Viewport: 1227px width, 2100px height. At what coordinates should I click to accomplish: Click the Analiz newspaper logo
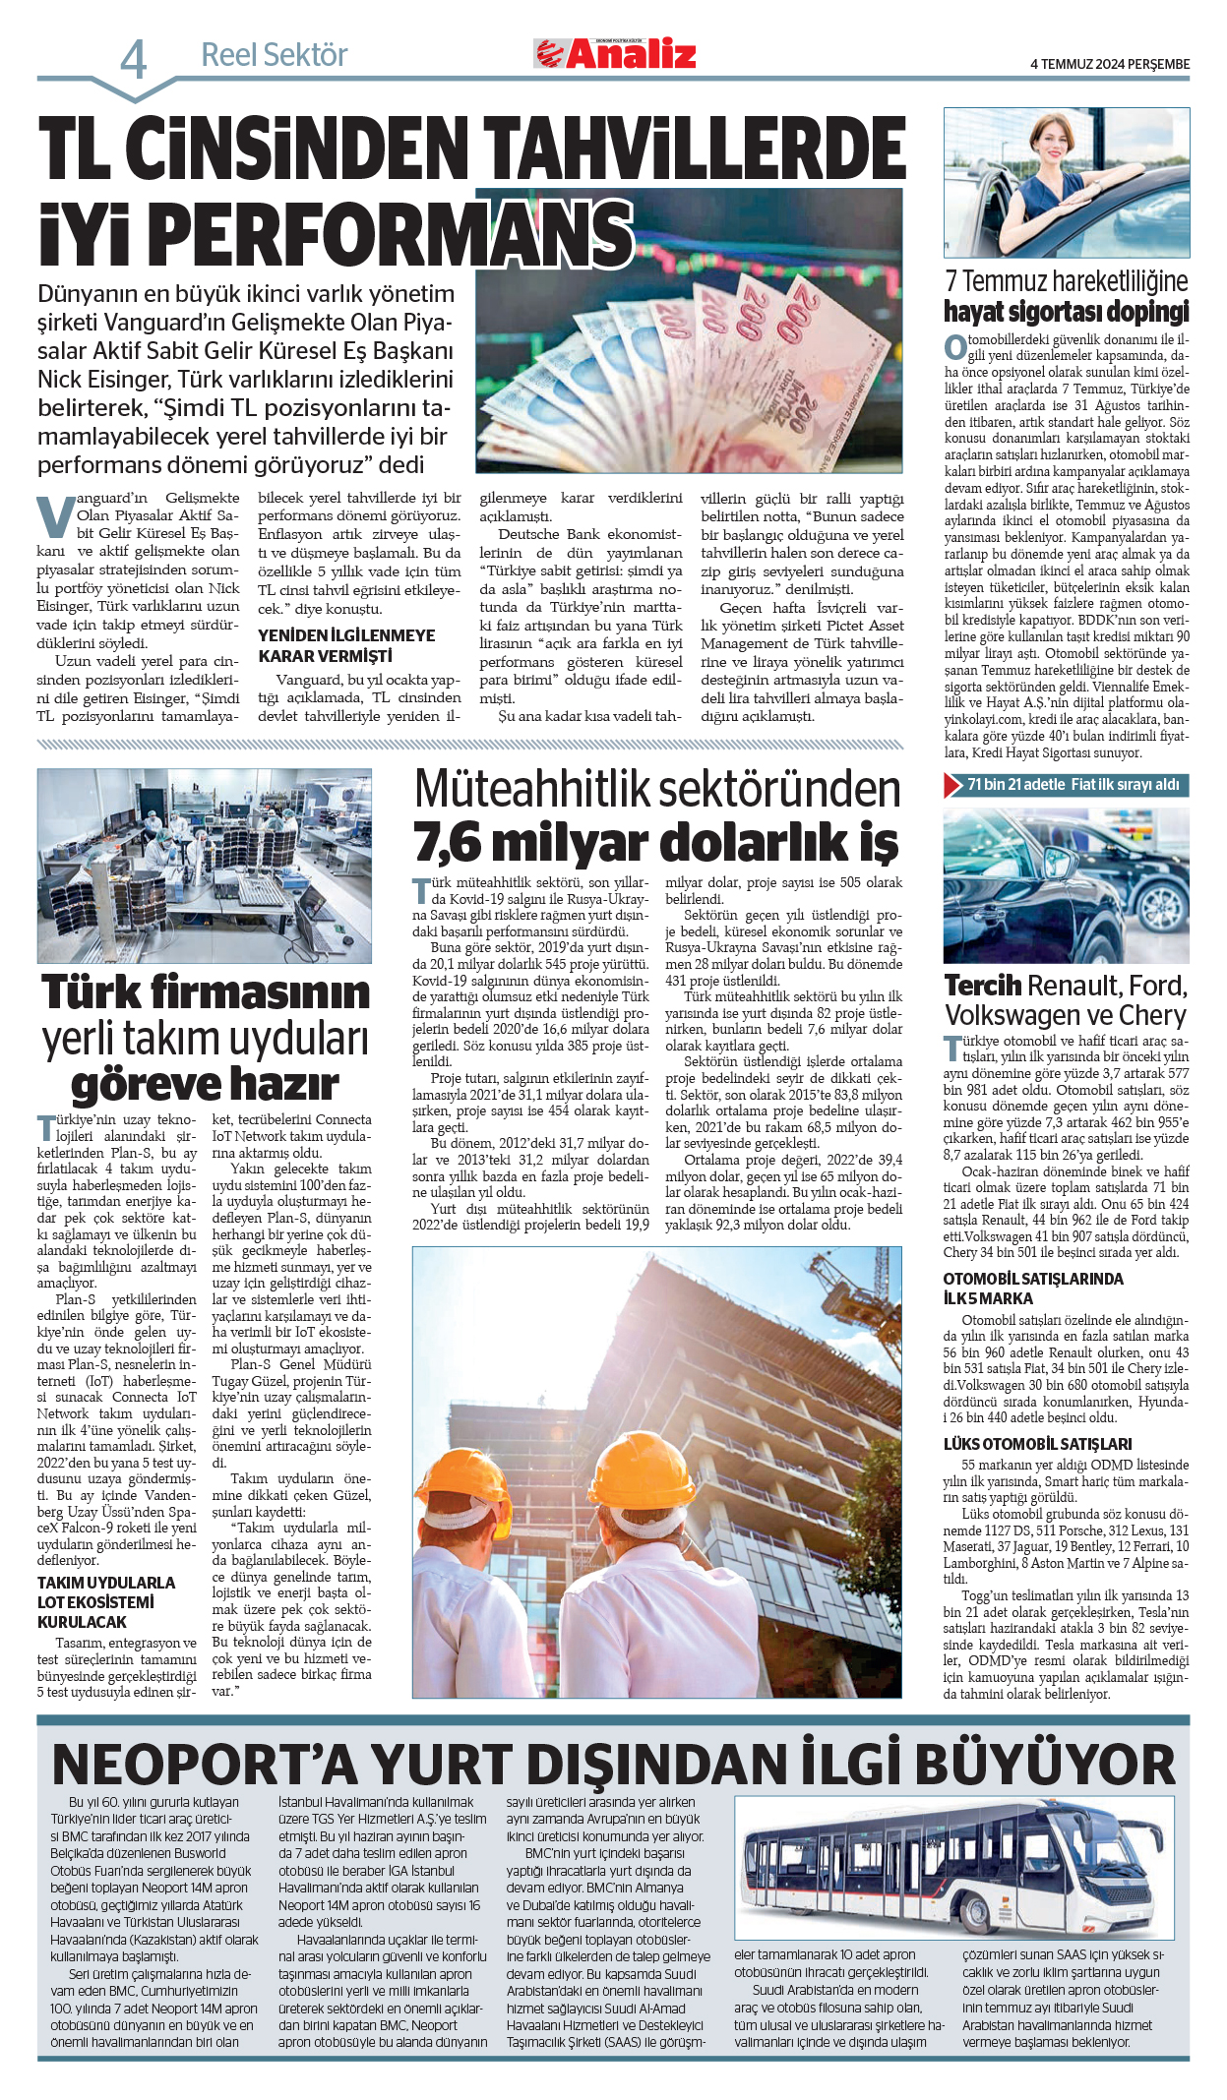615,54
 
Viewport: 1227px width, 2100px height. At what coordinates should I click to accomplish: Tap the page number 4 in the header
134,60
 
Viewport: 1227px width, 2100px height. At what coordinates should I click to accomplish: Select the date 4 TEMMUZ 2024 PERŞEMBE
1109,64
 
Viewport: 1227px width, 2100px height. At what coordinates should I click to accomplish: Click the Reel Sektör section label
274,55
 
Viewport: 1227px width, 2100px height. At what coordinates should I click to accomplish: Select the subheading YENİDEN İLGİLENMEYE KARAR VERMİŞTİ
345,645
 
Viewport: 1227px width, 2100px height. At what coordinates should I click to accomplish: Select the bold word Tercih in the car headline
982,986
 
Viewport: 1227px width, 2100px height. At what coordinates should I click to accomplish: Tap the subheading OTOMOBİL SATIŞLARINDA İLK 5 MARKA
1032,1289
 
